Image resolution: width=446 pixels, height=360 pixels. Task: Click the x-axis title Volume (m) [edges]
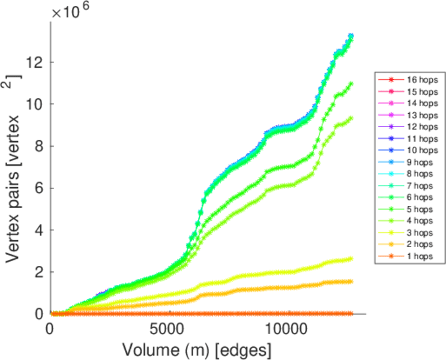click(197, 349)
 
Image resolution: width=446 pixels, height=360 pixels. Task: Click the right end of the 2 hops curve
click(351, 281)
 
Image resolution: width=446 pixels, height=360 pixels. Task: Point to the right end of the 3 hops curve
click(351, 259)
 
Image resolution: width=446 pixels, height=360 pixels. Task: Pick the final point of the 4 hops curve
click(351, 118)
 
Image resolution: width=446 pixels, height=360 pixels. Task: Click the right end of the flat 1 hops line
click(351, 313)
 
